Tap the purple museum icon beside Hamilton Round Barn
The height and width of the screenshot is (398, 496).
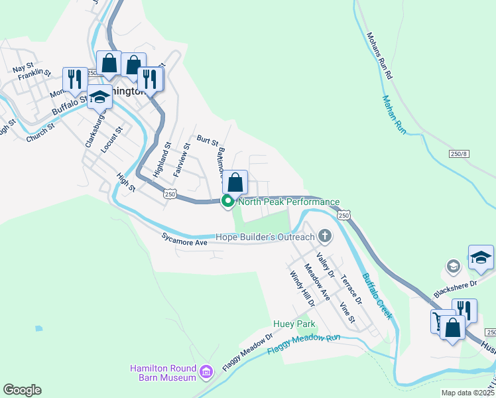[206, 373]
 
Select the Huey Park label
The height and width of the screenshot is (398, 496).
[293, 324]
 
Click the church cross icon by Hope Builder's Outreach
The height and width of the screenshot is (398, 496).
[324, 235]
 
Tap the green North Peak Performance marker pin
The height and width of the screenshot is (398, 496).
[227, 202]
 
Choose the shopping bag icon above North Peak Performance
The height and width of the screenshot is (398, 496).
[235, 182]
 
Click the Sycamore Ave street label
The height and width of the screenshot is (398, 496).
[185, 239]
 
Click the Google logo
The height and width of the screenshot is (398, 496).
[22, 390]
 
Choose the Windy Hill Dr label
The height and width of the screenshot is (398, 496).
[296, 288]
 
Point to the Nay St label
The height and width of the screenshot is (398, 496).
[23, 68]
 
